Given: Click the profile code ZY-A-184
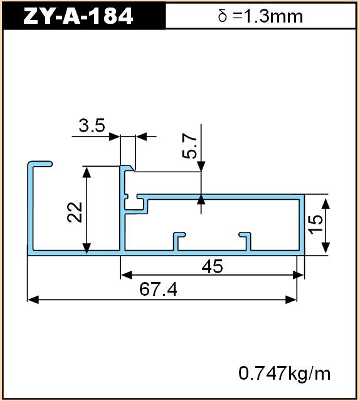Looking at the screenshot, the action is [x=78, y=16].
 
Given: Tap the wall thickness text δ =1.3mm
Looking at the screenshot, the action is [x=260, y=16].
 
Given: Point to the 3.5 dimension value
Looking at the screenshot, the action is [x=92, y=125].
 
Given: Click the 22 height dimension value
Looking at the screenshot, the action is [x=75, y=212].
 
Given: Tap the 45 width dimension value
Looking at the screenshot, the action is [x=212, y=266].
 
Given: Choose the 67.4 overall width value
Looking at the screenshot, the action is [x=158, y=289].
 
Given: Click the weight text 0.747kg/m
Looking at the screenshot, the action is [x=285, y=373].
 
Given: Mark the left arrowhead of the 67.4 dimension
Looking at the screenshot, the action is [x=33, y=299].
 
